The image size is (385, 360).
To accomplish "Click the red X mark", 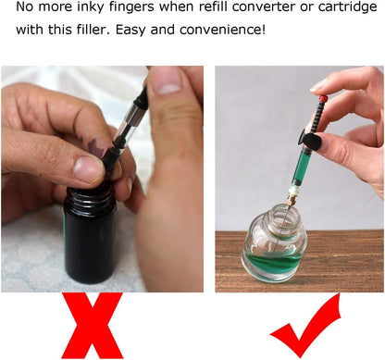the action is point(93,326).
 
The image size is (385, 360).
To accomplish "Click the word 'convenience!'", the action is point(222,31).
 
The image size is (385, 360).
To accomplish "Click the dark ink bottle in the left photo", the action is point(90,234).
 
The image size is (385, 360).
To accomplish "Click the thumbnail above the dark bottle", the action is point(89,168).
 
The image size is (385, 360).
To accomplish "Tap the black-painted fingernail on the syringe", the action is point(312,143).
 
